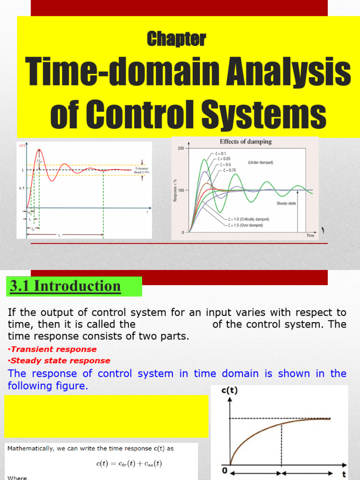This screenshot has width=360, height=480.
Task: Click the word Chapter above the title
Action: [176, 39]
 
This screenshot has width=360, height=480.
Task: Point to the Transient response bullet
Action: [53, 349]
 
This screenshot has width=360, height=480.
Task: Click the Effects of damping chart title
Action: [246, 142]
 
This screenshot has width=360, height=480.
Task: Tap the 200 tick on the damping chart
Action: [180, 148]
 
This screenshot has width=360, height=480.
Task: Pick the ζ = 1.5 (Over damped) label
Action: [246, 225]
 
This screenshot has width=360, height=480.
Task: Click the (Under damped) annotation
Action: [260, 162]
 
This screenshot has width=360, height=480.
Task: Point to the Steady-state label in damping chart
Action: [286, 203]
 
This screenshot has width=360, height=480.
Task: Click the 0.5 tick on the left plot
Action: [21, 188]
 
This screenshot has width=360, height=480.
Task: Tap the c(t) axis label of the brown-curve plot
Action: [229, 390]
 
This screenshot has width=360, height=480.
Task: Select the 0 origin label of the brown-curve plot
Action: [225, 470]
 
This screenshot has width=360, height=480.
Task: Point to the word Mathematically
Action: [30, 449]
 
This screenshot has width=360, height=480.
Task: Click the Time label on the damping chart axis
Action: [310, 235]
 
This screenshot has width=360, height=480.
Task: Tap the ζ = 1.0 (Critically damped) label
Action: [248, 219]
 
